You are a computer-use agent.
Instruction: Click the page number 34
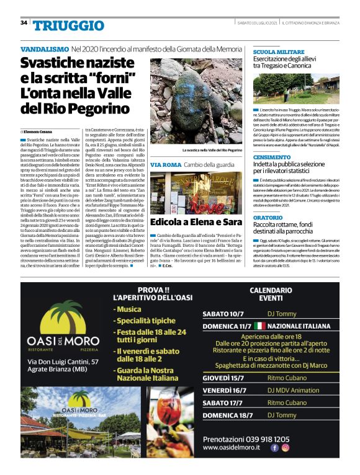click(24, 22)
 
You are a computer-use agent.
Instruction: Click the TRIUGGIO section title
click(68, 25)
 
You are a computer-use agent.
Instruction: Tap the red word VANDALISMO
click(45, 48)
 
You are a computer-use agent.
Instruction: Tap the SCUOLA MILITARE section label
click(277, 51)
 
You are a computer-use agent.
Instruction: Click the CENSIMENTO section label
click(272, 158)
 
